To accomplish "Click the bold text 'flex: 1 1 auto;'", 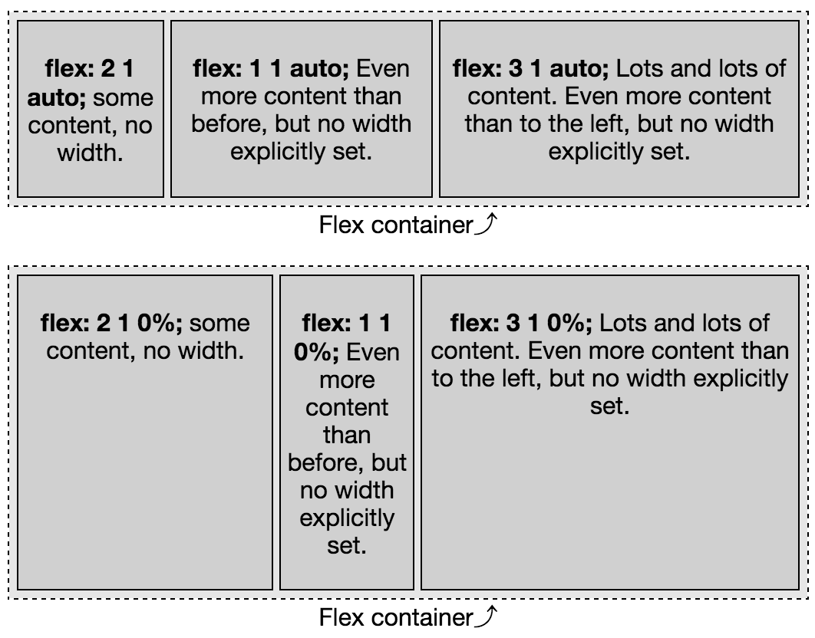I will coord(271,69).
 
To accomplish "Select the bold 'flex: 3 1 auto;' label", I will coord(531,69).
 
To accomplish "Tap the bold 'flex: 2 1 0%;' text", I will coord(111,323).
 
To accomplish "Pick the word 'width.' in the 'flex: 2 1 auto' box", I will coord(91,153).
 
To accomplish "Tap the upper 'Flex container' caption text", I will coord(396,225).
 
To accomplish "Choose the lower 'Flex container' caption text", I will coord(396,617).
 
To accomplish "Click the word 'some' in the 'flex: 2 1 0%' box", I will coord(219,323).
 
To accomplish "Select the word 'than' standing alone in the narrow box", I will coord(347,436).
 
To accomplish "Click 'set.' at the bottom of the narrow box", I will coord(347,546).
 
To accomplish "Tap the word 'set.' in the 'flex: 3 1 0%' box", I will coord(610,406).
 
